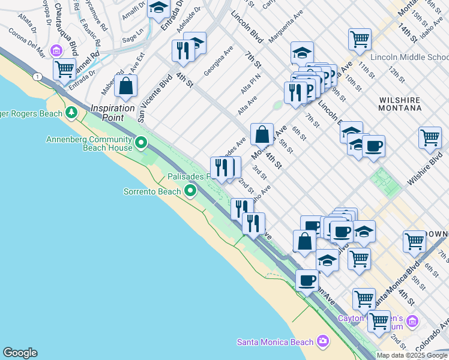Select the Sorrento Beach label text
pyautogui.click(x=152, y=191)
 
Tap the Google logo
pyautogui.click(x=20, y=353)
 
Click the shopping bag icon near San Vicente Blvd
pyautogui.click(x=126, y=86)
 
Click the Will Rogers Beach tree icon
pyautogui.click(x=71, y=112)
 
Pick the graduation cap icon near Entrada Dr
pyautogui.click(x=158, y=8)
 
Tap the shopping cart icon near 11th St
pyautogui.click(x=360, y=39)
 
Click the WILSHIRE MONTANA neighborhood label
pyautogui.click(x=402, y=103)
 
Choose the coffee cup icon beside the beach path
pyautogui.click(x=307, y=280)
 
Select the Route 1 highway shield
pyautogui.click(x=38, y=76)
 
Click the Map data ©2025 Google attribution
pyautogui.click(x=412, y=355)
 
